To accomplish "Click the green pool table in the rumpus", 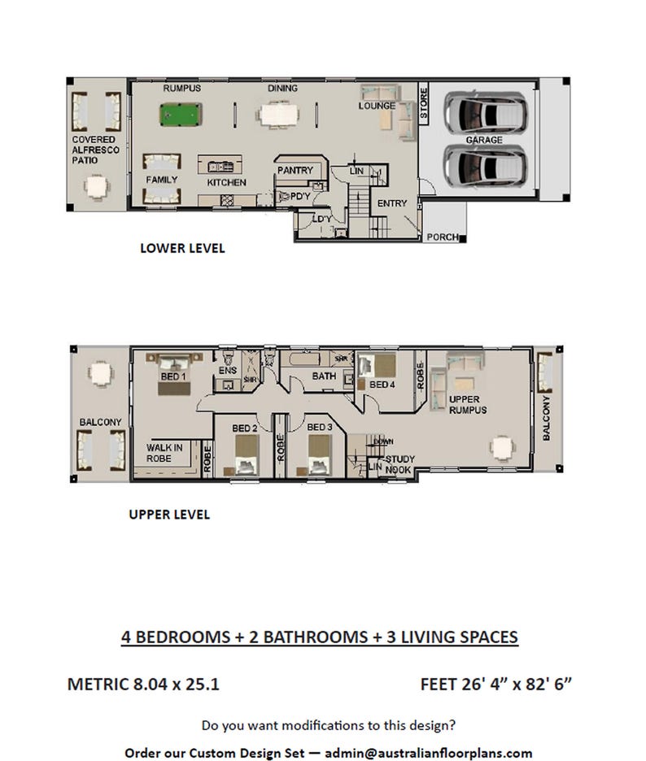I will click(178, 114).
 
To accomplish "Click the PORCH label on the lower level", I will click(443, 237).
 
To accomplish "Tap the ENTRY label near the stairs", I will click(391, 203).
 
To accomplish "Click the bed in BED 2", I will click(246, 455).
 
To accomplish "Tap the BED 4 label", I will click(382, 385).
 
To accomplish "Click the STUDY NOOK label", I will click(399, 464).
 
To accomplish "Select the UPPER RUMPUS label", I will click(468, 405).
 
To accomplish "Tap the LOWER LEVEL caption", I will click(182, 248).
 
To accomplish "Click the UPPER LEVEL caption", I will click(169, 514).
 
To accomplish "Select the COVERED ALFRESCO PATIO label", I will click(95, 150).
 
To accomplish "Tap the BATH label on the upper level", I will click(324, 376).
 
